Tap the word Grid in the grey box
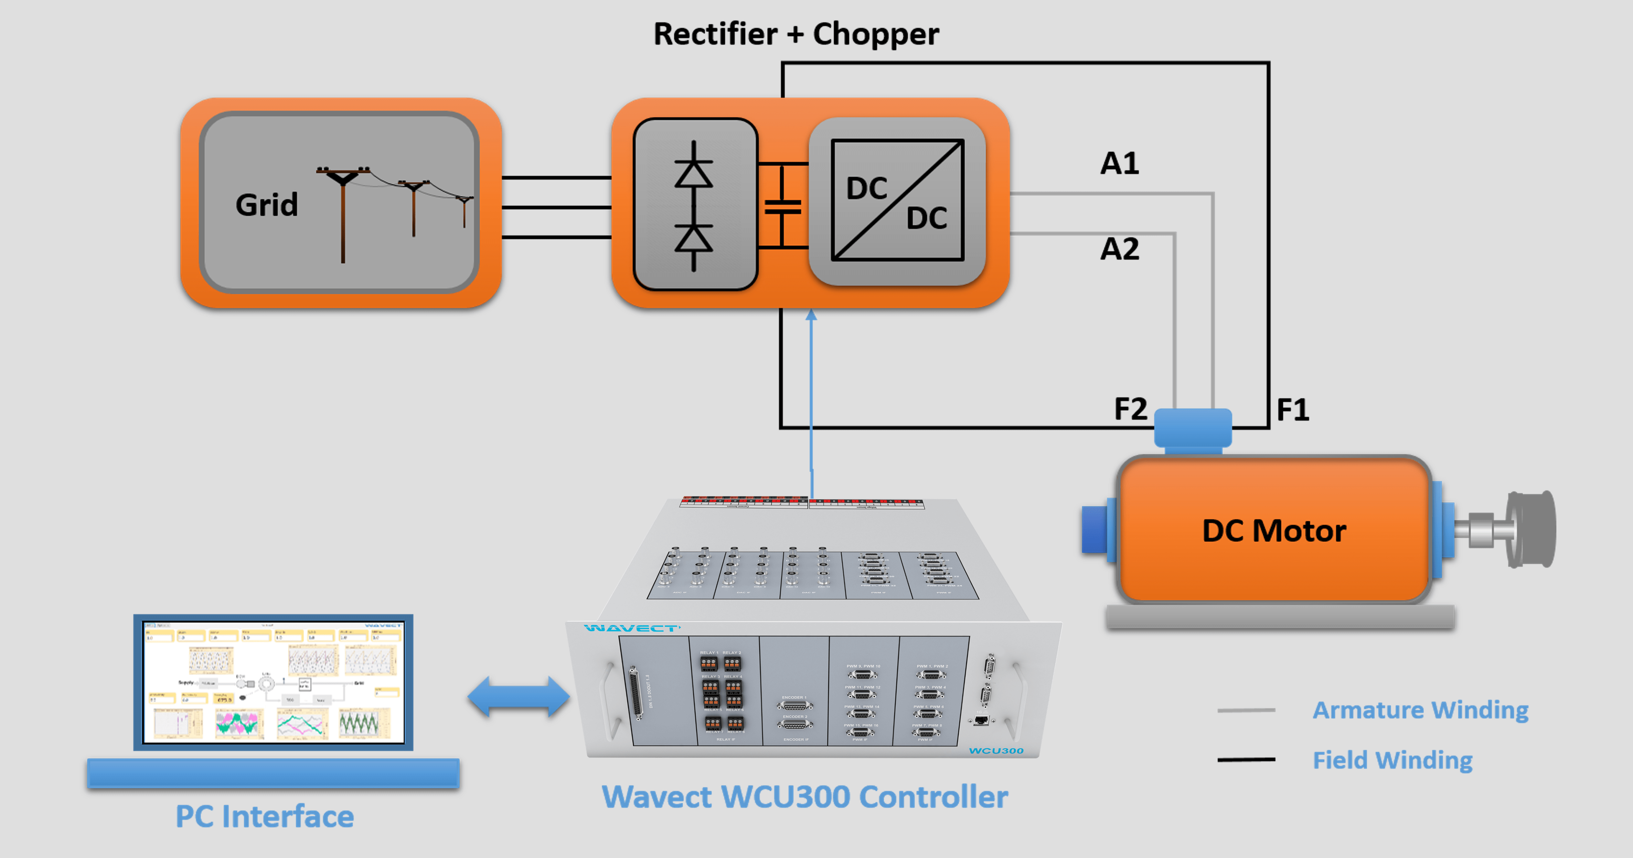tap(266, 205)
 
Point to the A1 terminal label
tap(1119, 164)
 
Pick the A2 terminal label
tap(1119, 249)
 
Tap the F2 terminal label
tap(1130, 409)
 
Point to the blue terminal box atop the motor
tap(1192, 429)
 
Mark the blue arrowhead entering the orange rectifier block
tap(811, 315)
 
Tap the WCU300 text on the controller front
tap(996, 751)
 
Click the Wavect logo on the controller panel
tap(632, 628)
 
